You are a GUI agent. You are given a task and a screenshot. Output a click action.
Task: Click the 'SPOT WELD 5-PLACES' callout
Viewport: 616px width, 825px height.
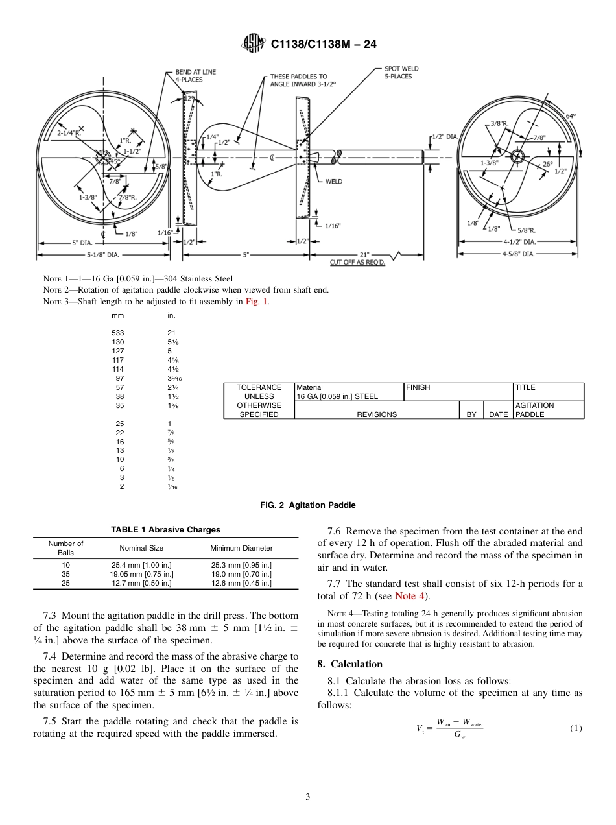[x=401, y=73]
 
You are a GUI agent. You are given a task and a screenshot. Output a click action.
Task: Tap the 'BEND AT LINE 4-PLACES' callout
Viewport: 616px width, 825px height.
[x=195, y=76]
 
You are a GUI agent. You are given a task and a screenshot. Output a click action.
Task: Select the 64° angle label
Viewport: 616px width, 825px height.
[x=571, y=116]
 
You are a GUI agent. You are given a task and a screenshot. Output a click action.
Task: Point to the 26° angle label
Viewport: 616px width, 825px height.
[x=548, y=164]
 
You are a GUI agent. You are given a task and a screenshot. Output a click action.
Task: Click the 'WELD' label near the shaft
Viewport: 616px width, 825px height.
[x=334, y=182]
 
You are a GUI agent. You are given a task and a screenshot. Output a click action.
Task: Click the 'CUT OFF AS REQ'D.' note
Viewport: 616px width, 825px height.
[x=357, y=263]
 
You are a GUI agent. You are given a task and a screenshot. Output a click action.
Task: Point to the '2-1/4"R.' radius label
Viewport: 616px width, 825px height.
[x=69, y=133]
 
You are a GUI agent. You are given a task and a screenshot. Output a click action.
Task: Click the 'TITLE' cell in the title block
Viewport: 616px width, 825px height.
[x=525, y=387]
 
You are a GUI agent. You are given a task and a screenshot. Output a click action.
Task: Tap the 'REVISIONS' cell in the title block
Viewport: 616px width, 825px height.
[x=377, y=414]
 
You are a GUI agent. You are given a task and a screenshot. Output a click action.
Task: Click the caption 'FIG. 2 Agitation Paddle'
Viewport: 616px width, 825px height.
[x=308, y=505]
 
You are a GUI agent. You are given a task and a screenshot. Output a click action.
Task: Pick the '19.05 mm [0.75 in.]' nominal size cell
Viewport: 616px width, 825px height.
[x=141, y=574]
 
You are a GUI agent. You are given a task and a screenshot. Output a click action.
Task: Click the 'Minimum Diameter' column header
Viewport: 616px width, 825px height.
[x=241, y=548]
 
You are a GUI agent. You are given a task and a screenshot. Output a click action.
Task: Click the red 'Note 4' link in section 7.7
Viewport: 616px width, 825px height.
[x=411, y=597]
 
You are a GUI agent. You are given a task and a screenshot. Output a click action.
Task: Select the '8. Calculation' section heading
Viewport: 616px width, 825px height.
[x=350, y=664]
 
